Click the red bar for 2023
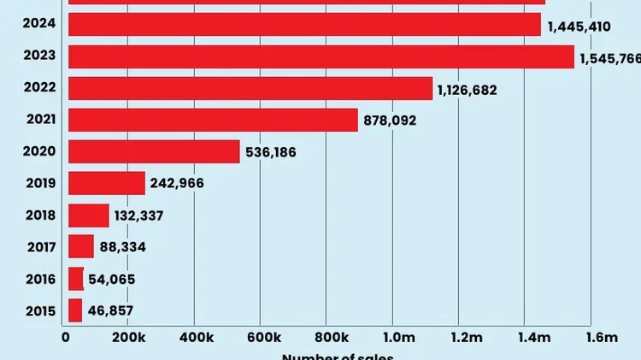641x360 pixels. pyautogui.click(x=320, y=56)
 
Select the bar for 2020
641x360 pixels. pyautogui.click(x=154, y=151)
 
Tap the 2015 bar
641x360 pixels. pyautogui.click(x=75, y=310)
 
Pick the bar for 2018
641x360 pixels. pyautogui.click(x=89, y=215)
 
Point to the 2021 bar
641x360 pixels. pyautogui.click(x=213, y=120)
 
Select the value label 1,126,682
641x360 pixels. pyautogui.click(x=467, y=90)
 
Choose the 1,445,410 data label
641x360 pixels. pyautogui.click(x=579, y=27)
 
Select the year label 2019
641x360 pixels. pyautogui.click(x=40, y=183)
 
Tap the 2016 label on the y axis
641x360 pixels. pyautogui.click(x=40, y=279)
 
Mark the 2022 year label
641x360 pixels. pyautogui.click(x=40, y=88)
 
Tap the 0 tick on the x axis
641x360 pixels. pyautogui.click(x=66, y=338)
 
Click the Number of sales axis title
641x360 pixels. pyautogui.click(x=338, y=356)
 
